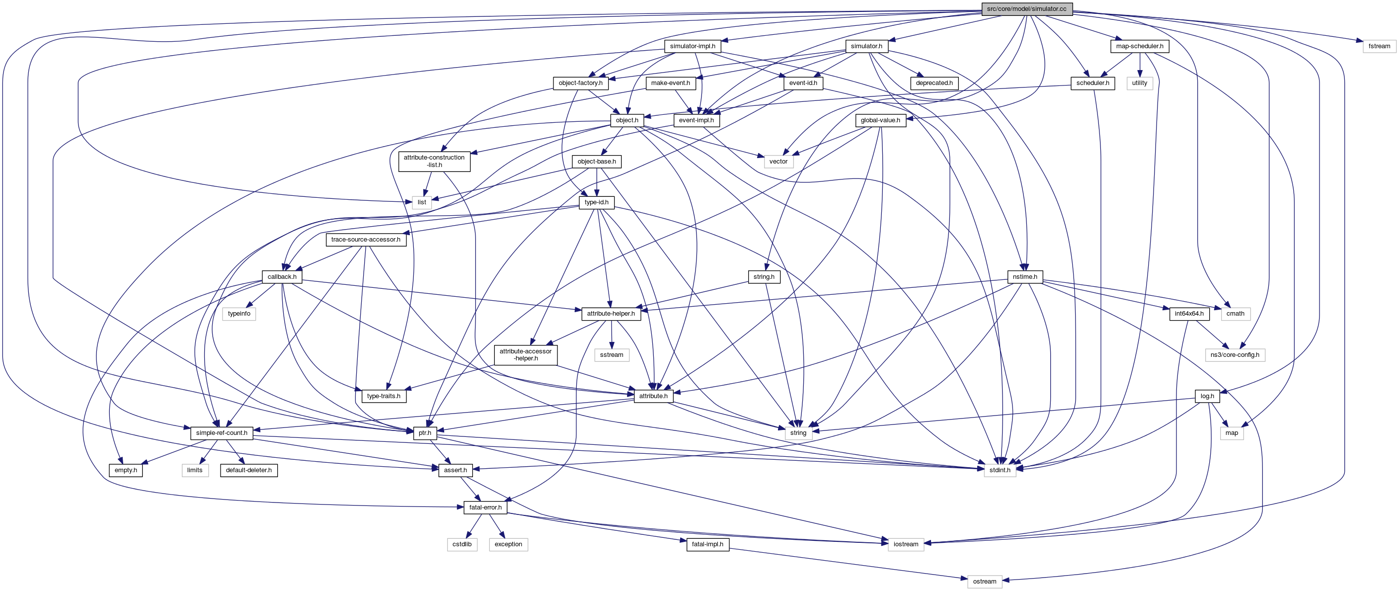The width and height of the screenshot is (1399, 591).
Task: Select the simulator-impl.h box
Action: [x=693, y=46]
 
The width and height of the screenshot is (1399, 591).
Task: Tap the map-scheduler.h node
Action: [x=1139, y=46]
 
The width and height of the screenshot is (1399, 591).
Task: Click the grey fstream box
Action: [x=1379, y=46]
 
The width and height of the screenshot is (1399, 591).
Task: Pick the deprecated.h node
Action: [x=934, y=83]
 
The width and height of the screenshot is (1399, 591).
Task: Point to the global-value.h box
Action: [x=880, y=120]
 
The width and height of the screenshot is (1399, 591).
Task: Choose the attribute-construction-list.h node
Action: [x=434, y=162]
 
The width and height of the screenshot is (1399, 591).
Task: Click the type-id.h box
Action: [x=596, y=203]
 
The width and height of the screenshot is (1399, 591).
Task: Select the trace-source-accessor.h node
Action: [x=366, y=240]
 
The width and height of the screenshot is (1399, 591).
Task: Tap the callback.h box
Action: [x=282, y=277]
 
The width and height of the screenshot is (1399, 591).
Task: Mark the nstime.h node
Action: [x=1024, y=277]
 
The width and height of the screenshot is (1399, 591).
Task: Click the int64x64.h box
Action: [x=1189, y=314]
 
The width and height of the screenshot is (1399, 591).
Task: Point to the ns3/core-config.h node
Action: [x=1235, y=355]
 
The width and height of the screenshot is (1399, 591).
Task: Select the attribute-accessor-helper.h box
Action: [x=525, y=355]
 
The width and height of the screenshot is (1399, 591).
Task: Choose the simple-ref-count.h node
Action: [x=222, y=433]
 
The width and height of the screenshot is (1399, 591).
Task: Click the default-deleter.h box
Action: [x=249, y=470]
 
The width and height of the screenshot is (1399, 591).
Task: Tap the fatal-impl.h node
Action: [x=707, y=544]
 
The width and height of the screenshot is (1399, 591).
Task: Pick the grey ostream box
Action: [x=984, y=582]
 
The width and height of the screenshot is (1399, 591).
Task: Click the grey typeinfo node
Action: [x=239, y=314]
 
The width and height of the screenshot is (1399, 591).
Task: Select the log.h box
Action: [x=1207, y=397]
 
